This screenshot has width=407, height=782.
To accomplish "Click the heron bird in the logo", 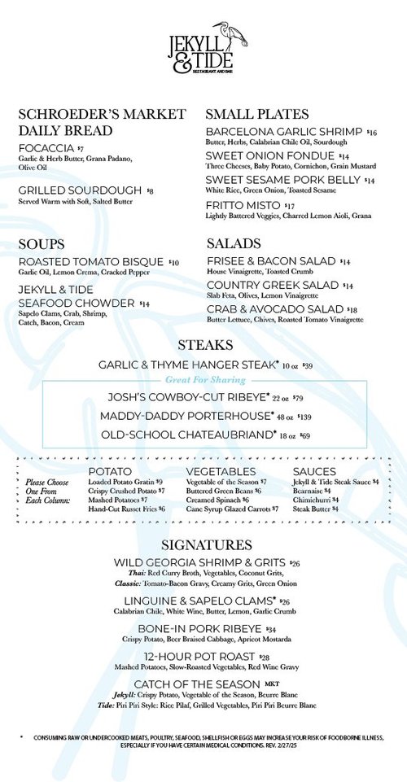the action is click(237, 36).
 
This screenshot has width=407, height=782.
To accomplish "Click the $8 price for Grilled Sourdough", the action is click(150, 190).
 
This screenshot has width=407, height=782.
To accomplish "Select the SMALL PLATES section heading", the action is click(256, 114).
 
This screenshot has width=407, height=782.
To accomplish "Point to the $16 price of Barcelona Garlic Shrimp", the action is click(372, 132).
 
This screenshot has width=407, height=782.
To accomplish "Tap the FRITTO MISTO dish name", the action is click(243, 205).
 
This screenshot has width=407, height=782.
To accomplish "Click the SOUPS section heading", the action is click(42, 244).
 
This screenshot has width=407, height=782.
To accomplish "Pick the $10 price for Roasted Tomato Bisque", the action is click(173, 262).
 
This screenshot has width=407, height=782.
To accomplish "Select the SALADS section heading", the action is click(234, 243).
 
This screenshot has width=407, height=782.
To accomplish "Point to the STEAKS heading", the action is click(204, 346).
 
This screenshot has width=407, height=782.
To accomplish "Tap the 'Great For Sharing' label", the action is click(205, 380).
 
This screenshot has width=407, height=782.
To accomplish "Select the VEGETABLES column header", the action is click(221, 472).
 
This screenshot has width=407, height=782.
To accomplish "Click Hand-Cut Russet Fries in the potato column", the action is click(122, 509).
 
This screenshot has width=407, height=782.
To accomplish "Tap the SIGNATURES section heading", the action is click(206, 544).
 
